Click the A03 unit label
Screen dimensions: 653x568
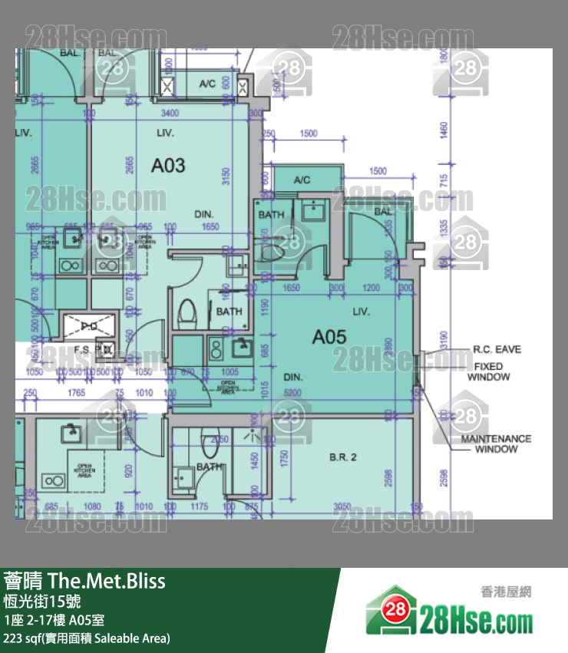pyautogui.click(x=168, y=165)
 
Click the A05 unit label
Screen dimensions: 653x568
pyautogui.click(x=329, y=337)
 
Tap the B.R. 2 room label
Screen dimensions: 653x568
pyautogui.click(x=343, y=458)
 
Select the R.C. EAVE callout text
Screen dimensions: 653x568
pyautogui.click(x=497, y=349)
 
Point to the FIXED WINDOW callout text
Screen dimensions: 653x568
pyautogui.click(x=488, y=372)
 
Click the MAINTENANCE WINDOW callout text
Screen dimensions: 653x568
pyautogui.click(x=496, y=444)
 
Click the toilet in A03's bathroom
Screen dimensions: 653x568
pyautogui.click(x=187, y=313)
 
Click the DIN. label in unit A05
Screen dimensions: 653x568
pyautogui.click(x=292, y=378)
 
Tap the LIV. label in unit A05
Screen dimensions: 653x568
pyautogui.click(x=361, y=312)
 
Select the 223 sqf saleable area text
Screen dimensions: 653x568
pyautogui.click(x=86, y=638)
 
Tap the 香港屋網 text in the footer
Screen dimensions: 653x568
pyautogui.click(x=506, y=591)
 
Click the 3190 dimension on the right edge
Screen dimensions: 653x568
pyautogui.click(x=444, y=338)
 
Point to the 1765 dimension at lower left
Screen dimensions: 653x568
pyautogui.click(x=76, y=393)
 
